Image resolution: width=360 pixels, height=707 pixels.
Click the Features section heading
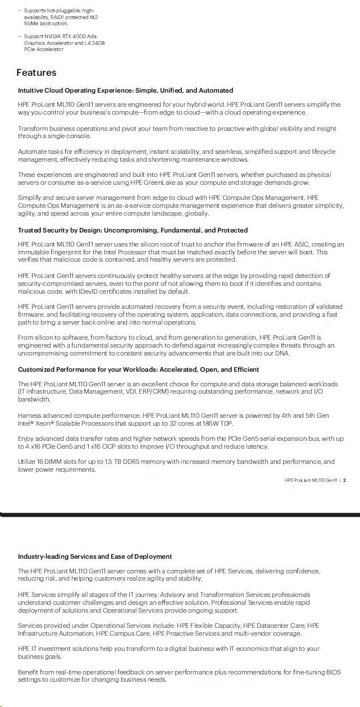37,72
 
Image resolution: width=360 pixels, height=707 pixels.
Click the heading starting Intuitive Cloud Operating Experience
125,90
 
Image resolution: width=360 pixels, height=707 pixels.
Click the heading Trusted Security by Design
133,230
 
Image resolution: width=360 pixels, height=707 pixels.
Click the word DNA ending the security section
282,353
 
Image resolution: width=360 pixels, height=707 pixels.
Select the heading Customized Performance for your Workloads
138,370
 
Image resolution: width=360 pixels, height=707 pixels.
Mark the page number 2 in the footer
344,480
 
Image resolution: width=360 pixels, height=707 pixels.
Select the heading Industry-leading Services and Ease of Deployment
95,557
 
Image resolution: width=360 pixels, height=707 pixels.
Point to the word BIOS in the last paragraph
331,672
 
